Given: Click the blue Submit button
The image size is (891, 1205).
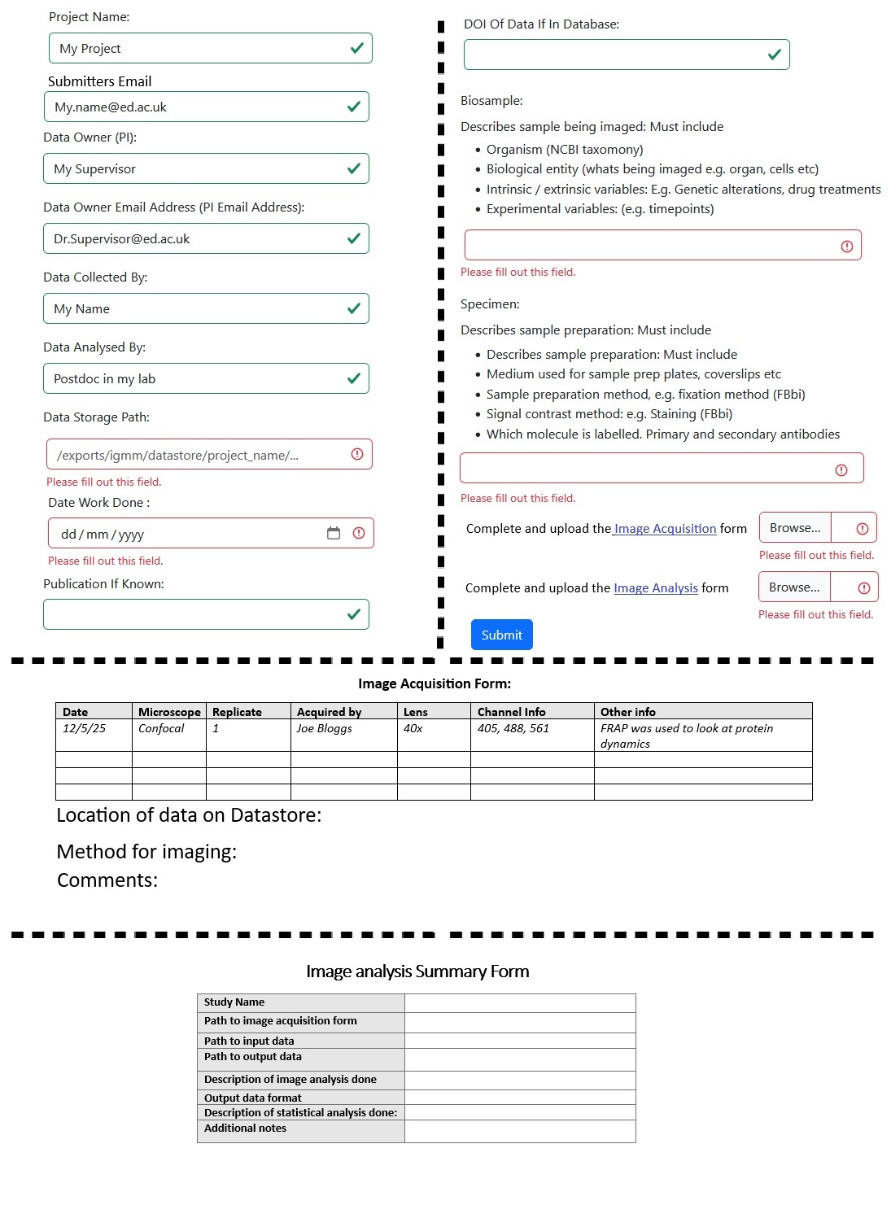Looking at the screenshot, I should point(501,635).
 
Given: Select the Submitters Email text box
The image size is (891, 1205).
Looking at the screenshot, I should point(195,107).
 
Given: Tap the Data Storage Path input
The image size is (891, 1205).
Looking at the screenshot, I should point(195,455).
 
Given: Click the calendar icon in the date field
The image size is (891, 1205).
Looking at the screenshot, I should point(334,533).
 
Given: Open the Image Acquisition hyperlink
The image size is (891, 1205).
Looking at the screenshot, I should point(665,529).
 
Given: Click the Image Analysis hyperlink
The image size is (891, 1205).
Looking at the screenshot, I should point(655,588).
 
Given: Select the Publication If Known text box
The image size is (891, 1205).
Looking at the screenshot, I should point(195,614).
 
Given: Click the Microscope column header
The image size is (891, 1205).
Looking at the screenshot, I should point(169,712).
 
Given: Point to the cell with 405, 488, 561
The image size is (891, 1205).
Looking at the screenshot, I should point(513,728).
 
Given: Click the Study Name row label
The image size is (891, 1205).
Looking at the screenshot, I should point(234,1002).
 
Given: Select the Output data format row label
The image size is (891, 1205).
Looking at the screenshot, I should point(252,1098).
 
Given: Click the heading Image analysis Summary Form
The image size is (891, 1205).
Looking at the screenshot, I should point(417,971).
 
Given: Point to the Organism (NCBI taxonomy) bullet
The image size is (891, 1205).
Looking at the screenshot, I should point(564,150).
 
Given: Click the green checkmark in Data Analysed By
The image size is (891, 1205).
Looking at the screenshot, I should point(354,378).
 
